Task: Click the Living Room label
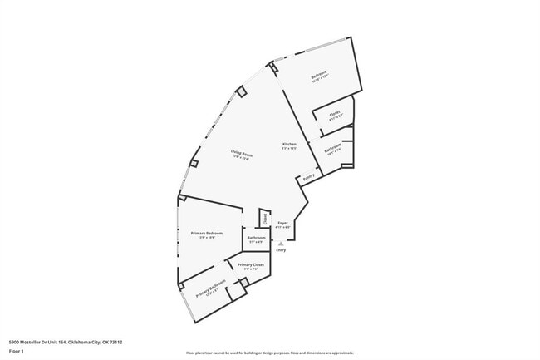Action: click(242, 154)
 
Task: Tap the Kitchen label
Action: click(289, 145)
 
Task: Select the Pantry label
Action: click(308, 177)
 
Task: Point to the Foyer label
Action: click(282, 223)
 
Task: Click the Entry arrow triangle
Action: click(280, 242)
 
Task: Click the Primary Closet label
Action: click(250, 264)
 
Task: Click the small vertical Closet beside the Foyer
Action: click(265, 219)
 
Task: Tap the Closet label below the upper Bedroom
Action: click(335, 113)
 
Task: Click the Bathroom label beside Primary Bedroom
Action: click(256, 238)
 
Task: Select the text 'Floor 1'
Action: click(16, 350)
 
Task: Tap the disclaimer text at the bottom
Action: click(269, 353)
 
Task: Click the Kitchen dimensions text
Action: click(289, 149)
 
